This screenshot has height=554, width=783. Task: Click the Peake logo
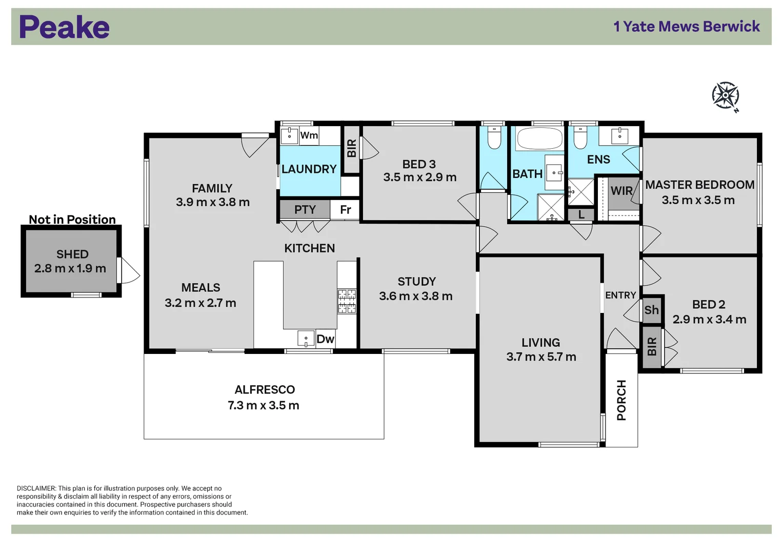64,27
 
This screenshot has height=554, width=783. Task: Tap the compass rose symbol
725,95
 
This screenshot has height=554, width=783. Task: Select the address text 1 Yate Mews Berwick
686,27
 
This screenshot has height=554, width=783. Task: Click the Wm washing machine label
309,135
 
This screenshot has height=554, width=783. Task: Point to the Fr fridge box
345,210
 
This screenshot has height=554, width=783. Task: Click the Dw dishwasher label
325,339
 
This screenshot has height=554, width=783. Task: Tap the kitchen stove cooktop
347,301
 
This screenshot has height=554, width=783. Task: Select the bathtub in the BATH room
539,138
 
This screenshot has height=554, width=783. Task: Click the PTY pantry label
305,210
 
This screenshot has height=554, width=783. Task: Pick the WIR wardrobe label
621,191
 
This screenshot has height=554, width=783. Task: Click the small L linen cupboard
581,215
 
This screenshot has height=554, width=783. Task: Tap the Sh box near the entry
651,310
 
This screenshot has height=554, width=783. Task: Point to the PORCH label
621,400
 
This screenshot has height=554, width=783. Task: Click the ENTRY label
620,295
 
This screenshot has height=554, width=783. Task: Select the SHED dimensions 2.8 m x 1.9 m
70,269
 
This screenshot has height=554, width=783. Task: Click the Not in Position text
72,220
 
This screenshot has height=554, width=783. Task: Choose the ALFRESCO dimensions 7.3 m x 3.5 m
264,406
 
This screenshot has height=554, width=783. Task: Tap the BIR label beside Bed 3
351,149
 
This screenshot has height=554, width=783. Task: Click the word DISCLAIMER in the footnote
36,489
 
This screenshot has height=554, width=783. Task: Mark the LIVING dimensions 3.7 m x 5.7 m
541,357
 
